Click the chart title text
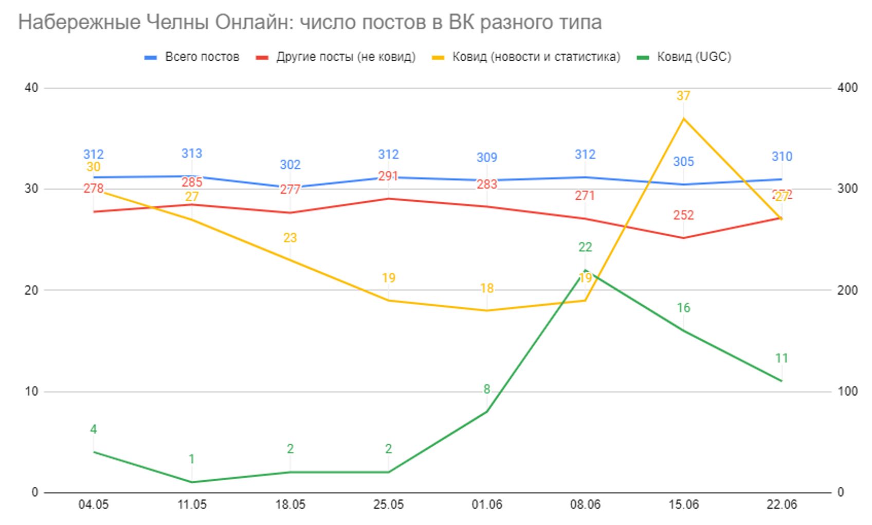pos(310,22)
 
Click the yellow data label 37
pos(683,96)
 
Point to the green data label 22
pos(585,247)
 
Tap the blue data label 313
pos(192,153)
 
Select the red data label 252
pos(683,215)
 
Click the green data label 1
pos(192,459)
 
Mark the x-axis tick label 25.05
pos(388,505)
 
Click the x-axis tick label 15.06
pos(683,505)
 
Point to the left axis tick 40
pos(31,88)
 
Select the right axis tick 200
pos(847,290)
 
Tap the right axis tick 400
pos(847,88)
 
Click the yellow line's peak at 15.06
pos(683,118)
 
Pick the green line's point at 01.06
pos(486,412)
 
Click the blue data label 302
pos(290,165)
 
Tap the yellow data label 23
pos(290,238)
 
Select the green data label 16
pos(683,308)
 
